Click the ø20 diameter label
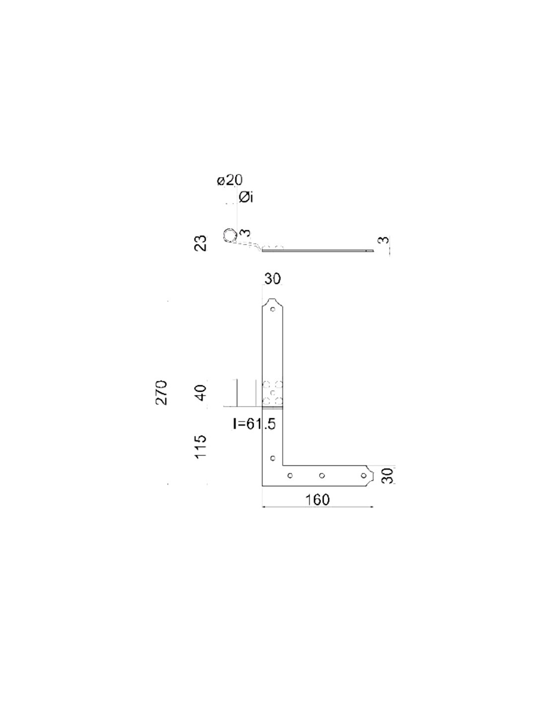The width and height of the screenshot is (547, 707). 230,180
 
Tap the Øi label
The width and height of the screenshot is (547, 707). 246,197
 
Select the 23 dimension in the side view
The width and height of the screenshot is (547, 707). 202,243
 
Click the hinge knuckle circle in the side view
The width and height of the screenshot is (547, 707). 229,235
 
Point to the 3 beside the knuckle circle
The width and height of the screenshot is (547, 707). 246,233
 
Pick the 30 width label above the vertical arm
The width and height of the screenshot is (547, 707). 272,279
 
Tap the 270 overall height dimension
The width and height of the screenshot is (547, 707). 162,392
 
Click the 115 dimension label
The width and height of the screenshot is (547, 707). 201,446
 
